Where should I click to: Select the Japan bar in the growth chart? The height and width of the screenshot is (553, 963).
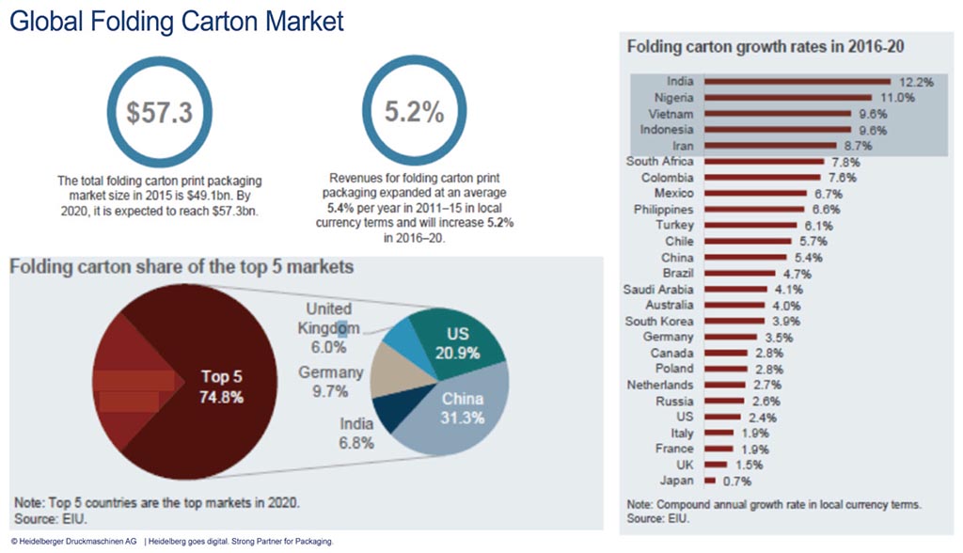[x=709, y=482]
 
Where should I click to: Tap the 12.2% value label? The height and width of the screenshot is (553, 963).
[x=914, y=82]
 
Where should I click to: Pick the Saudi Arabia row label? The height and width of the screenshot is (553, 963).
[x=659, y=290]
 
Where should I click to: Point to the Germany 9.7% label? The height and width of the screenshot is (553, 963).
[x=330, y=381]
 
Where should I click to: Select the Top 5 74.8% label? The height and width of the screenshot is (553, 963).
[x=222, y=387]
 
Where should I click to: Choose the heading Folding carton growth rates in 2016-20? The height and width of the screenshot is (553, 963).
[x=766, y=45]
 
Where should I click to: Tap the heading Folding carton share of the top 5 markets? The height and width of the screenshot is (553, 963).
[x=182, y=267]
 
